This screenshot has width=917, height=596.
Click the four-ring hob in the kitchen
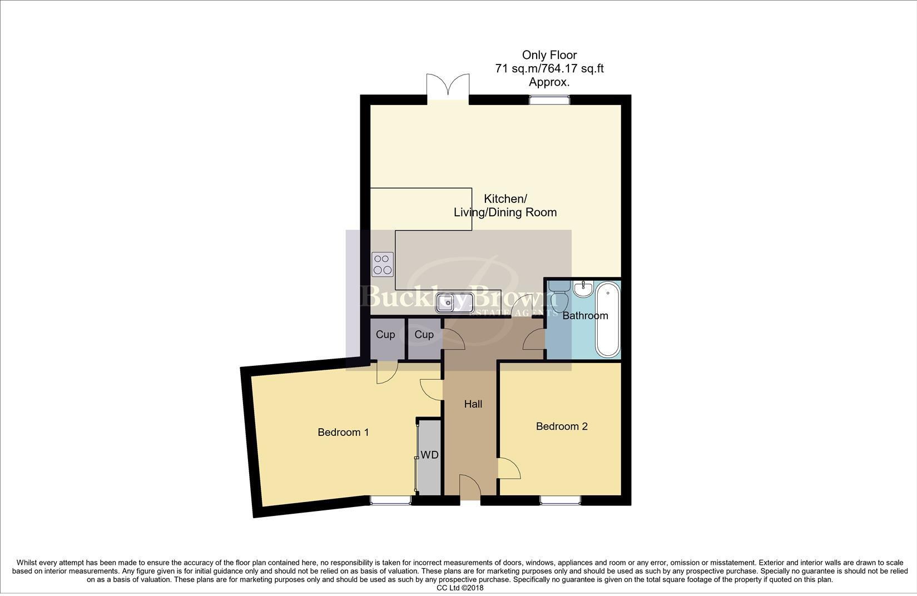pyautogui.click(x=383, y=264)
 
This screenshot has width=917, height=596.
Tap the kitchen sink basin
pyautogui.click(x=454, y=304)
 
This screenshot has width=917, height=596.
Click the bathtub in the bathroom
pyautogui.click(x=608, y=319)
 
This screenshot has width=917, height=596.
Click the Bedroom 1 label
pyautogui.click(x=343, y=432)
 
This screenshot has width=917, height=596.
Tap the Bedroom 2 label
pyautogui.click(x=562, y=426)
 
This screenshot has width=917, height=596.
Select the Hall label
pyautogui.click(x=473, y=404)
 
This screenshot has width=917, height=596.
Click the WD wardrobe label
pyautogui.click(x=429, y=455)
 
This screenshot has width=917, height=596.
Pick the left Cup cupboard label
pyautogui.click(x=385, y=334)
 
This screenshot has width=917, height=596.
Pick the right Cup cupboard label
pyautogui.click(x=424, y=334)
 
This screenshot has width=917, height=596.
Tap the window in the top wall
pyautogui.click(x=549, y=100)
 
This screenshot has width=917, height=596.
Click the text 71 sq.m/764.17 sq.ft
pyautogui.click(x=549, y=69)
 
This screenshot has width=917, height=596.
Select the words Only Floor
pyautogui.click(x=549, y=55)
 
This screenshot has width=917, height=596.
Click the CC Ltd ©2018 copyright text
pyautogui.click(x=460, y=588)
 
